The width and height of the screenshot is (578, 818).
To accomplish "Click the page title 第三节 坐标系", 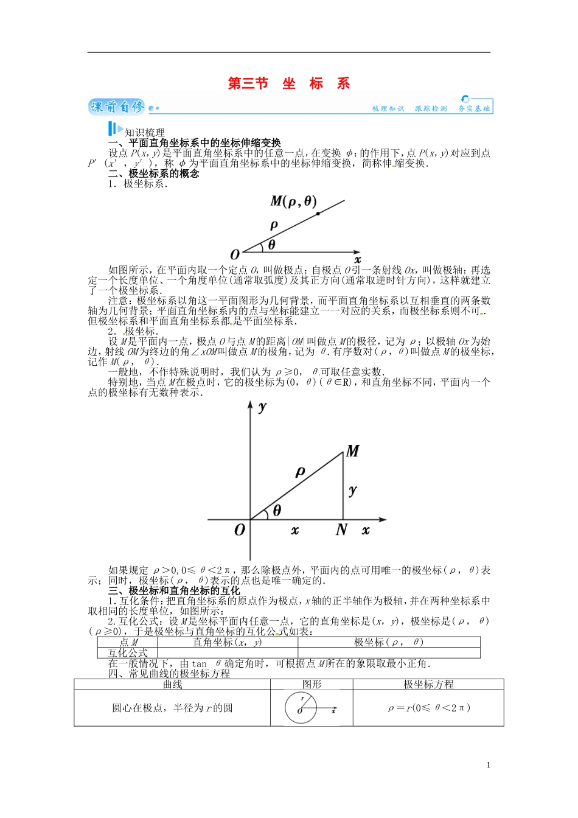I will tap(289, 83).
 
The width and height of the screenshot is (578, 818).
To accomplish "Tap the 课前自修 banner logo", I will tap(117, 107).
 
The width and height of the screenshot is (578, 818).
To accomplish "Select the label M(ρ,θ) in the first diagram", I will tap(293, 201).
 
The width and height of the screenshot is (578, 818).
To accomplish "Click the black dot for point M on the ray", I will tap(318, 214).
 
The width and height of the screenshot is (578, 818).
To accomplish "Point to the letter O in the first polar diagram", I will tap(235, 254).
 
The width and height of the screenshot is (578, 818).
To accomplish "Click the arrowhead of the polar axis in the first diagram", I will tap(357, 252).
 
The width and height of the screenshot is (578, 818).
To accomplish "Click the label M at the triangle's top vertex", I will tap(352, 451).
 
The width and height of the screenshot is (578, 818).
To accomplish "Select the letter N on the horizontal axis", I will tap(341, 530).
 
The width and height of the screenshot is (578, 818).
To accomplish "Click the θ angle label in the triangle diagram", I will tap(277, 511).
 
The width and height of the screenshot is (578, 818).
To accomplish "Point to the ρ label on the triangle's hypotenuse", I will tap(300, 472).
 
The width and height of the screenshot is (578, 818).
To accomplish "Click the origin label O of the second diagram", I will tap(239, 530).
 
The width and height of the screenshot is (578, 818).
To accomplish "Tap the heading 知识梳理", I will tap(145, 132).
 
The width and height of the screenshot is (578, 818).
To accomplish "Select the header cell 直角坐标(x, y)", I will tap(227, 642).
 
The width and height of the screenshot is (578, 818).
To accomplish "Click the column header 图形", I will tap(312, 684).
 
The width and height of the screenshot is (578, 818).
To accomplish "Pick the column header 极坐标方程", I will tap(428, 684).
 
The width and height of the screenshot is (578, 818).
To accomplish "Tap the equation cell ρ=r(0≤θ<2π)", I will tap(428, 708).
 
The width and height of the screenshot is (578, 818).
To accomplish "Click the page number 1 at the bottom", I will tap(488, 765).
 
